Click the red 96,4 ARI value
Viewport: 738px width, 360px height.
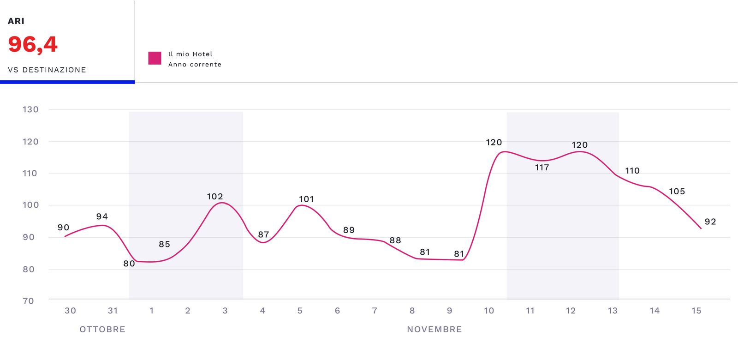(x=33, y=45)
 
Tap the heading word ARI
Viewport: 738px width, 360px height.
(x=16, y=21)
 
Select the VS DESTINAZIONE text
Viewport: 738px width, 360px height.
(x=47, y=70)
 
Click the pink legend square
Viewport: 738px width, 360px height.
(x=155, y=58)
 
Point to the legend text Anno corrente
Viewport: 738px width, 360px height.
(x=195, y=65)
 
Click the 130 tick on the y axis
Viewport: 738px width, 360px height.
(x=30, y=109)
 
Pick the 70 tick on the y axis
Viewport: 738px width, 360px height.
(x=29, y=301)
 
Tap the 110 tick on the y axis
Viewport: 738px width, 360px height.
(x=30, y=173)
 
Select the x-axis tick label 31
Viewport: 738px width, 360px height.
(x=113, y=311)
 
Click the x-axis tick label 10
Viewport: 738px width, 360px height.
(x=489, y=311)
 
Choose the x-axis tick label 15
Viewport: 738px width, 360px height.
(x=696, y=311)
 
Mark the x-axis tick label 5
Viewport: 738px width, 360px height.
(x=300, y=311)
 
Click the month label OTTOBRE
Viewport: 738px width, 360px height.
(x=102, y=329)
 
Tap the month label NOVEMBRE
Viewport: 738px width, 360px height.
(x=434, y=329)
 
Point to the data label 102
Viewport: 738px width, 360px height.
(x=215, y=197)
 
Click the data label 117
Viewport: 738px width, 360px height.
(x=542, y=168)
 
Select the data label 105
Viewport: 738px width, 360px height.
(x=677, y=192)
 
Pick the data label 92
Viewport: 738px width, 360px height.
(x=710, y=222)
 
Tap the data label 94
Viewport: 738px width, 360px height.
(x=102, y=216)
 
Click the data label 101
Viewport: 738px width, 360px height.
(x=306, y=199)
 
